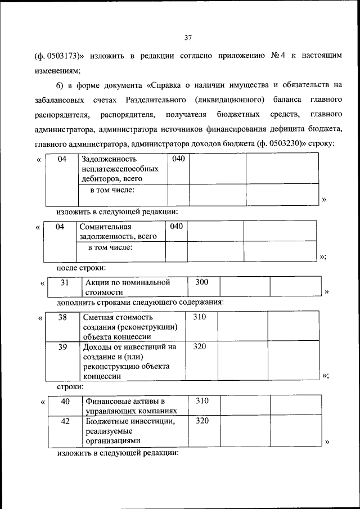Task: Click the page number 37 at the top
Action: [188, 38]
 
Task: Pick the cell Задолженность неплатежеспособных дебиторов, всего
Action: [119, 169]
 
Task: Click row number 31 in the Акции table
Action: [65, 282]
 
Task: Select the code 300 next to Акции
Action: [201, 282]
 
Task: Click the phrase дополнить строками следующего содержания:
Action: [140, 302]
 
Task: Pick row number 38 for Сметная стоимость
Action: [63, 317]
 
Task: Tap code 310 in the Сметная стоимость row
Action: [200, 317]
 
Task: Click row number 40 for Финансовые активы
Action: [65, 401]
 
